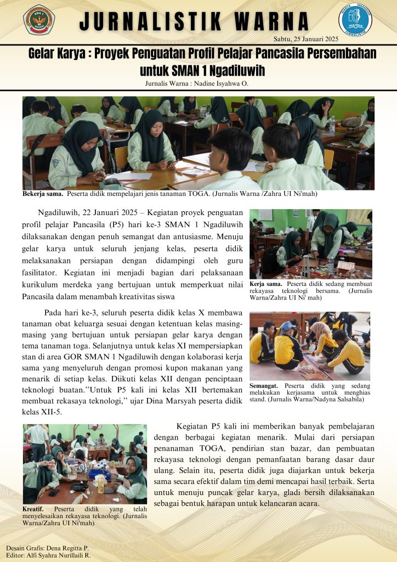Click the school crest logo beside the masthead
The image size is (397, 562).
39,20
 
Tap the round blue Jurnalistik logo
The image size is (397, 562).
355,20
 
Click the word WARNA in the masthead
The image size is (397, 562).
270,22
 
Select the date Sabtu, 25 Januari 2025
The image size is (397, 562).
305,38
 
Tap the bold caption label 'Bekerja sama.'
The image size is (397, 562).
43,194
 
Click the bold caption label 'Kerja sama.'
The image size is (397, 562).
265,284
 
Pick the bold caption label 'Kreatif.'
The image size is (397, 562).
35,509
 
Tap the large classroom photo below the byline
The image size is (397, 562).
198,143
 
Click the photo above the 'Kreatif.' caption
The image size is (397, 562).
84,463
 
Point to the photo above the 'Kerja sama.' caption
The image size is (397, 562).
310,244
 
